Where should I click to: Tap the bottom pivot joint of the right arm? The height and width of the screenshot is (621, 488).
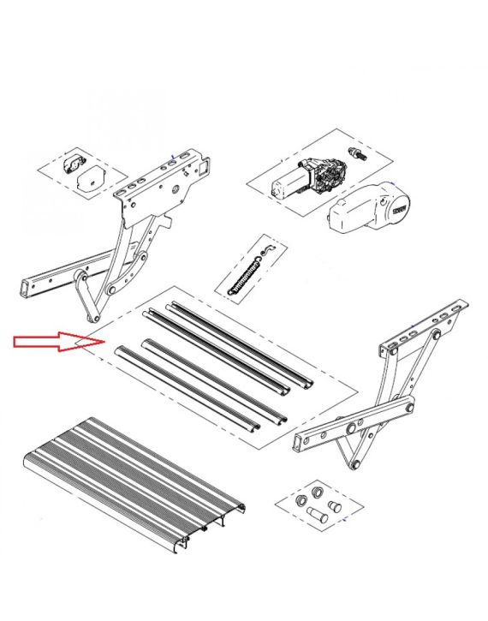[x=353, y=464]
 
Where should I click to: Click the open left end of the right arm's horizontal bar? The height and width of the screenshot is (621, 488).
[x=299, y=442]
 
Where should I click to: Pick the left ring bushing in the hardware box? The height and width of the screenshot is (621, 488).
[x=301, y=499]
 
